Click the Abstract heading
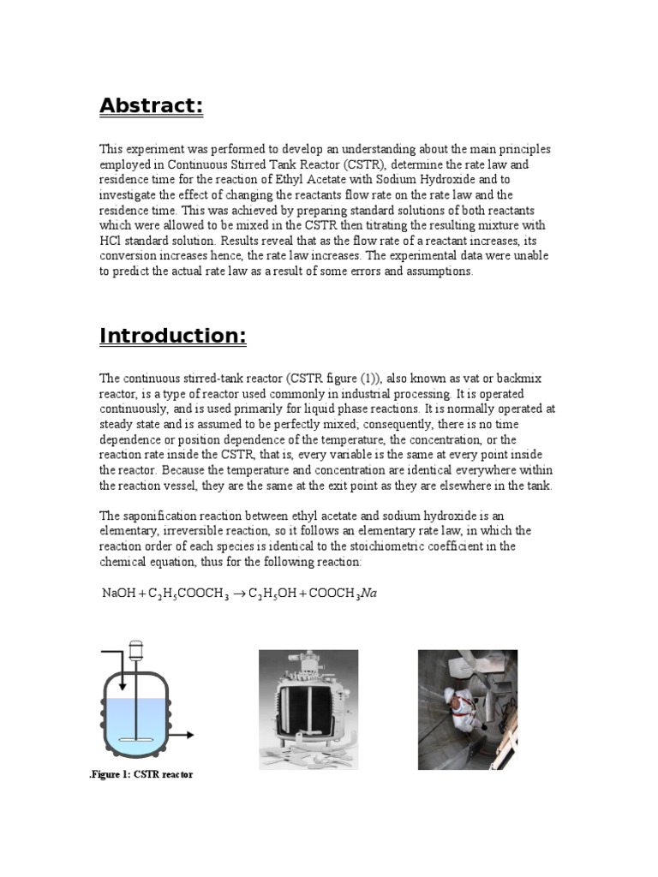151,105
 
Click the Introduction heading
173,336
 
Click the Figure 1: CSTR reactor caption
142,774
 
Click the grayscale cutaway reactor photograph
308,709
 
